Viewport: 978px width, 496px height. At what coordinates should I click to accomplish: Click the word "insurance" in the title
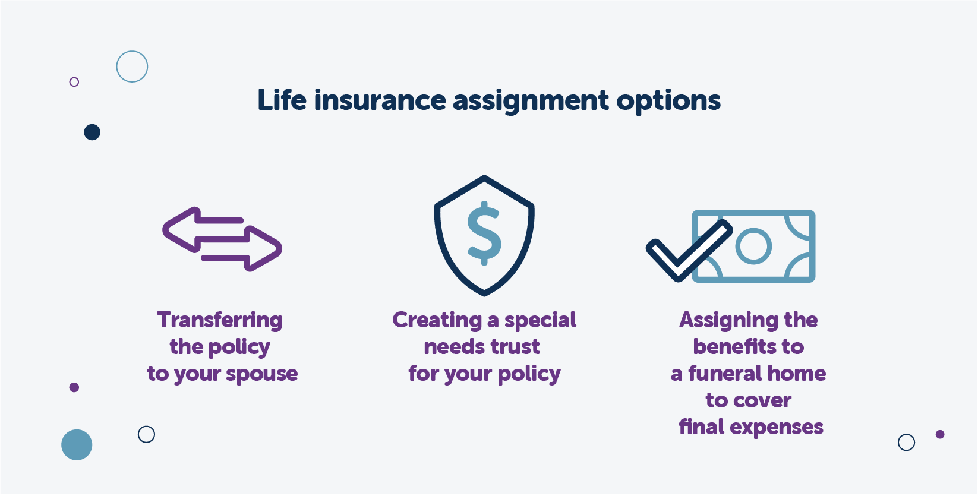pos(380,100)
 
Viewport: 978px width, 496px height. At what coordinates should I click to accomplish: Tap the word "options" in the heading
pos(668,101)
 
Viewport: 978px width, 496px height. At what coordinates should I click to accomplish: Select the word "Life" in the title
pos(282,100)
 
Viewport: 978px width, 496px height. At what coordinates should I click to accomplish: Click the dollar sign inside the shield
pos(484,233)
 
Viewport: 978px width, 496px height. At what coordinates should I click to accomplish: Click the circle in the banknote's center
pos(753,245)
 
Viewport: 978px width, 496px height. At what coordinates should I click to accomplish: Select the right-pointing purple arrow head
pos(264,248)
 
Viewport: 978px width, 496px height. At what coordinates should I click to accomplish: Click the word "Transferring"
pos(220,320)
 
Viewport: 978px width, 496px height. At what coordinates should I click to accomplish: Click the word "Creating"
pos(437,320)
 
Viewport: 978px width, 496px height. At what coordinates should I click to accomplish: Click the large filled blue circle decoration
pos(77,445)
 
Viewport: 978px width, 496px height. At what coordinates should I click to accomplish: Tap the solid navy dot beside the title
pos(92,132)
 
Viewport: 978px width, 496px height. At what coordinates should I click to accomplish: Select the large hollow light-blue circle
pos(132,67)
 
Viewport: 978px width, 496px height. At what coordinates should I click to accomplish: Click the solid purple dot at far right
pos(940,434)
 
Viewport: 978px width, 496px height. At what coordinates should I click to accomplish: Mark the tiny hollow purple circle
pos(74,82)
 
